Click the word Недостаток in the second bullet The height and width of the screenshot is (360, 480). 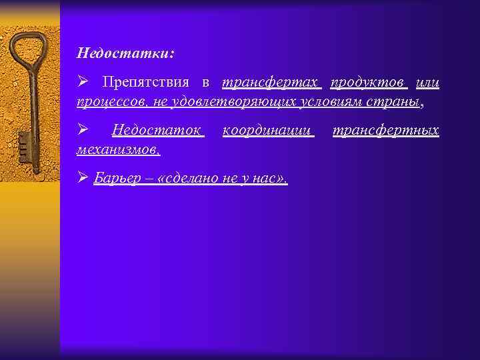(157, 130)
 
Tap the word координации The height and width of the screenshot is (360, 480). (267, 130)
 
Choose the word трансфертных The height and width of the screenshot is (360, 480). (385, 130)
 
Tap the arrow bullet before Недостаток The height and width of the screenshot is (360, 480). (83, 129)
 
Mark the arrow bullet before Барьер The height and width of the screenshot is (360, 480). (83, 178)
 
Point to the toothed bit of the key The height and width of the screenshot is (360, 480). (24, 143)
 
